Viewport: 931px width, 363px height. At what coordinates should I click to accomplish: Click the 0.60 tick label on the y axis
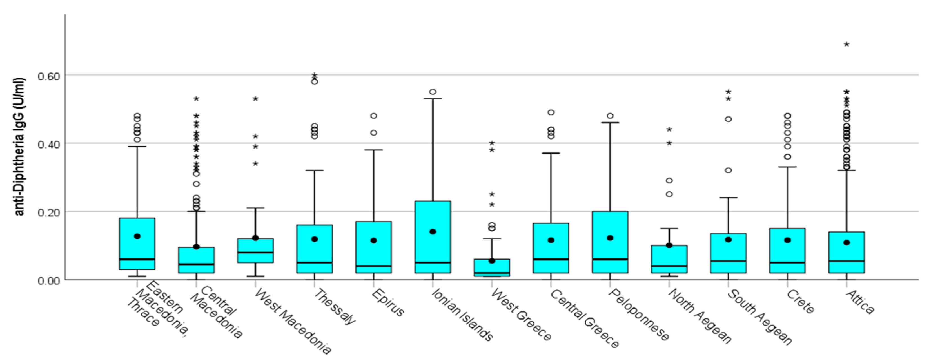point(48,76)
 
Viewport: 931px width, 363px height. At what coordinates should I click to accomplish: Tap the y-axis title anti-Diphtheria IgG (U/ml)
point(20,147)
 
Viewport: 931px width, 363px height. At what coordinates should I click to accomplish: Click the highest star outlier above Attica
point(847,45)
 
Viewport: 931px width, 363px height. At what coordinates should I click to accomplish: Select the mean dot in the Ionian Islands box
point(433,231)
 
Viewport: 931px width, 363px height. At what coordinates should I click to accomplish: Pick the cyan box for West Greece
point(492,267)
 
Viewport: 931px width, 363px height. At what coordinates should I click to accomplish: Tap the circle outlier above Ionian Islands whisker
point(433,92)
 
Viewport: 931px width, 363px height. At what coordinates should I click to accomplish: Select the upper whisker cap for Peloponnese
point(610,123)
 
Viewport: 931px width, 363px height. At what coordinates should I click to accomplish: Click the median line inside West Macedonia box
point(255,252)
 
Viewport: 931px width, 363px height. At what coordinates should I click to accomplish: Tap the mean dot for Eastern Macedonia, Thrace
point(137,236)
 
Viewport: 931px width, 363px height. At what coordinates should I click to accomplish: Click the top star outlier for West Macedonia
point(255,99)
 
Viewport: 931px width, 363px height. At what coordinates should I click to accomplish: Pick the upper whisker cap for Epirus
point(374,150)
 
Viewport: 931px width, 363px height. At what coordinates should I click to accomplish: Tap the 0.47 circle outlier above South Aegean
point(728,119)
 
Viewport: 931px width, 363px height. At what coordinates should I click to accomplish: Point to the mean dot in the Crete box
point(787,240)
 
